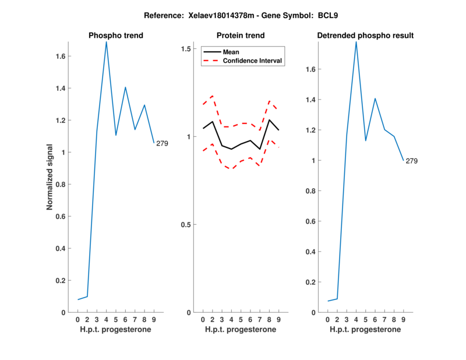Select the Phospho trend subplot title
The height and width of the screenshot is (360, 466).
point(116,36)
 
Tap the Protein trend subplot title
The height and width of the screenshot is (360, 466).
point(241,36)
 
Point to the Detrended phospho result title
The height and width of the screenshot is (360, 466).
point(365,36)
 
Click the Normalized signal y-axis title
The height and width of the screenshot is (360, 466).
point(51,177)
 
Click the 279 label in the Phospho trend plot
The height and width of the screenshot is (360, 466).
point(162,143)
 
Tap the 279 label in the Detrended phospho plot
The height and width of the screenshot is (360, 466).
point(412,161)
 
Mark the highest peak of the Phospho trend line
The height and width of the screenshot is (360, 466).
point(106,42)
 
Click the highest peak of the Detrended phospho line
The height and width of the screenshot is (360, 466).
point(356,42)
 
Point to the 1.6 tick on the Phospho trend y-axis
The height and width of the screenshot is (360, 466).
point(61,57)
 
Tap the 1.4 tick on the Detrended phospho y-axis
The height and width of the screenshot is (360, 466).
point(310,100)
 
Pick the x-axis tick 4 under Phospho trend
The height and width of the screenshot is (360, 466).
point(106,320)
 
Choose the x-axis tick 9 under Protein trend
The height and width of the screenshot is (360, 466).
point(278,320)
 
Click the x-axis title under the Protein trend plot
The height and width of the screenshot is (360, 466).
point(241,330)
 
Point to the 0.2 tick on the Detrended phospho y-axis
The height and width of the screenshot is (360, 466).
point(310,283)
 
